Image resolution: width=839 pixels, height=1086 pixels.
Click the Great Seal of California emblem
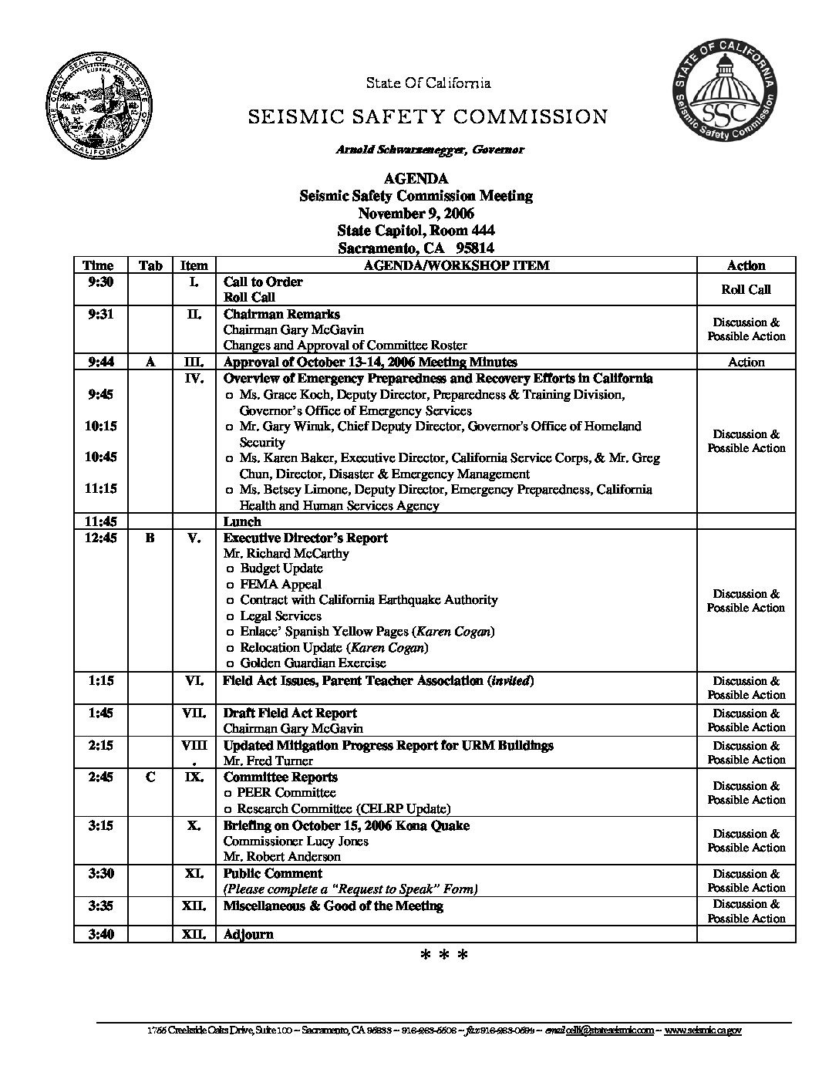pos(99,109)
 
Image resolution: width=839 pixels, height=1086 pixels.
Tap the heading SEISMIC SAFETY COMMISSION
pos(427,117)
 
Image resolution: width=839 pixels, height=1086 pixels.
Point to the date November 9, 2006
pos(416,214)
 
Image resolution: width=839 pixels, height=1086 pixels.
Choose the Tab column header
pos(150,265)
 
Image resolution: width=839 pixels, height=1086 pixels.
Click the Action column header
pos(746,265)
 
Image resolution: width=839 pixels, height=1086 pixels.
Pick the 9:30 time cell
pos(101,282)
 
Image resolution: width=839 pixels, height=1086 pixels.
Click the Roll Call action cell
pos(746,290)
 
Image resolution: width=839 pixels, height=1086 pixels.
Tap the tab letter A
pos(150,362)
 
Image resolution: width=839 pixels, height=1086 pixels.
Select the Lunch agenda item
pos(242,522)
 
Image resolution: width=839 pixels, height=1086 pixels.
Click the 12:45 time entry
pos(101,538)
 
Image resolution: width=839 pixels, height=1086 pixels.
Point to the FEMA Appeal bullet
pos(281,585)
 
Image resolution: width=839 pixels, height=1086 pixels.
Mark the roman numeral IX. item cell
pos(194,777)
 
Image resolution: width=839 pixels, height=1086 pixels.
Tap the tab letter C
pos(150,777)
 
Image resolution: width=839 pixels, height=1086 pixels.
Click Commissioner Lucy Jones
pos(295,841)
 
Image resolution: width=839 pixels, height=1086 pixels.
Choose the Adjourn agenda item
pos(248,935)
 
